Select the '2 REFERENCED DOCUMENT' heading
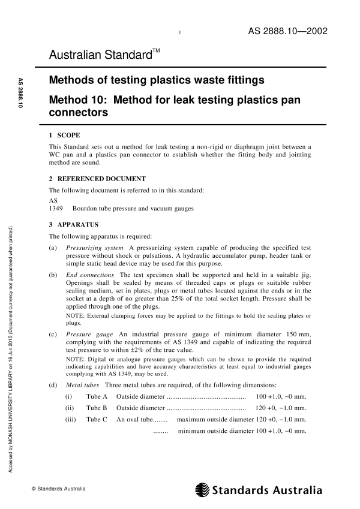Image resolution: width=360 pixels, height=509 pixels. (95, 179)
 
